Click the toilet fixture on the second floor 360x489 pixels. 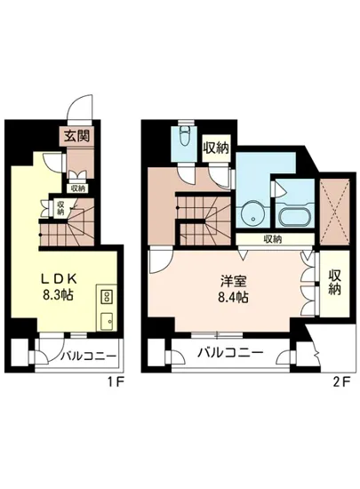point(184,138)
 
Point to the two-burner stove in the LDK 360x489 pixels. point(106,296)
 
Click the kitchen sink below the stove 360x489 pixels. point(106,319)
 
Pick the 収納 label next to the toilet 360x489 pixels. point(217,147)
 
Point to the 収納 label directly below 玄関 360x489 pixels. point(77,188)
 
